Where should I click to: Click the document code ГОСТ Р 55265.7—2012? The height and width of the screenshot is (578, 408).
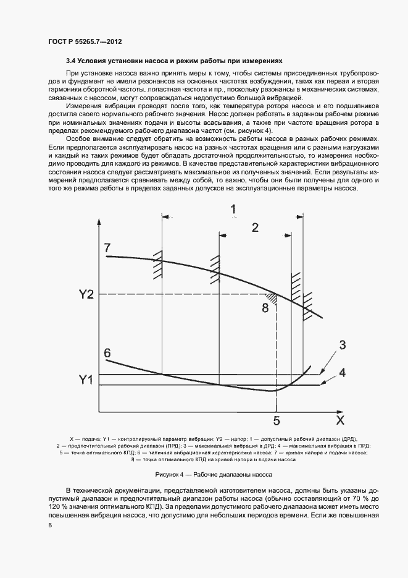tap(85, 41)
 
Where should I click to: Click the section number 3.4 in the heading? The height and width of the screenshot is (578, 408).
tap(72, 62)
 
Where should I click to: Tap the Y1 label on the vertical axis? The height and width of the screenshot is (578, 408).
tap(86, 380)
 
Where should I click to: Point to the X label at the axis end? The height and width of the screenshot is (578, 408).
tap(339, 421)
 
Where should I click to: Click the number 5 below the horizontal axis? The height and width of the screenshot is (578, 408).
tap(277, 421)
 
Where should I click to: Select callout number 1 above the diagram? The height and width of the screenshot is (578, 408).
tap(233, 209)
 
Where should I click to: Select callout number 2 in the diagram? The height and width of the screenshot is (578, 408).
tap(254, 227)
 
